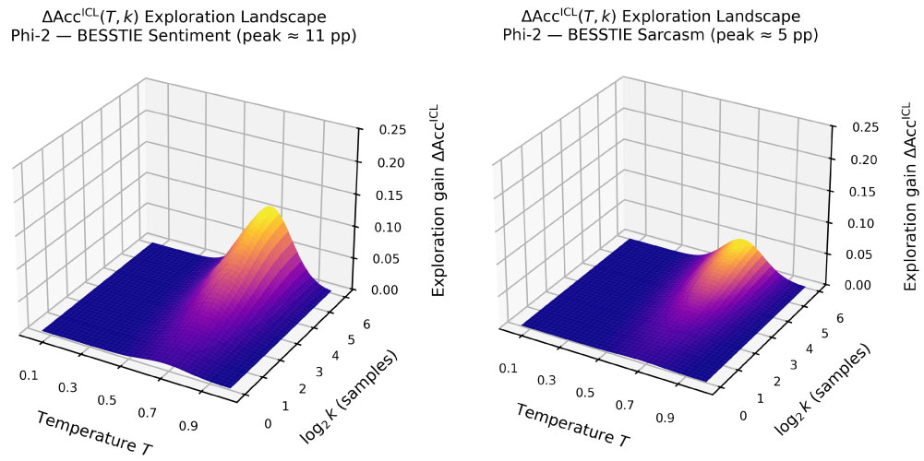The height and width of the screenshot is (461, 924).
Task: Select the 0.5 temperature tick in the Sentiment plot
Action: click(107, 400)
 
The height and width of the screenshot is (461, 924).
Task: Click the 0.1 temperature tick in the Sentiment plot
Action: click(28, 374)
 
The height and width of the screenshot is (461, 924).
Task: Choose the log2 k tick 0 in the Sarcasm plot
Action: click(743, 416)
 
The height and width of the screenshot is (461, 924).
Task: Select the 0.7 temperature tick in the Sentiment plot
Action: click(147, 412)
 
